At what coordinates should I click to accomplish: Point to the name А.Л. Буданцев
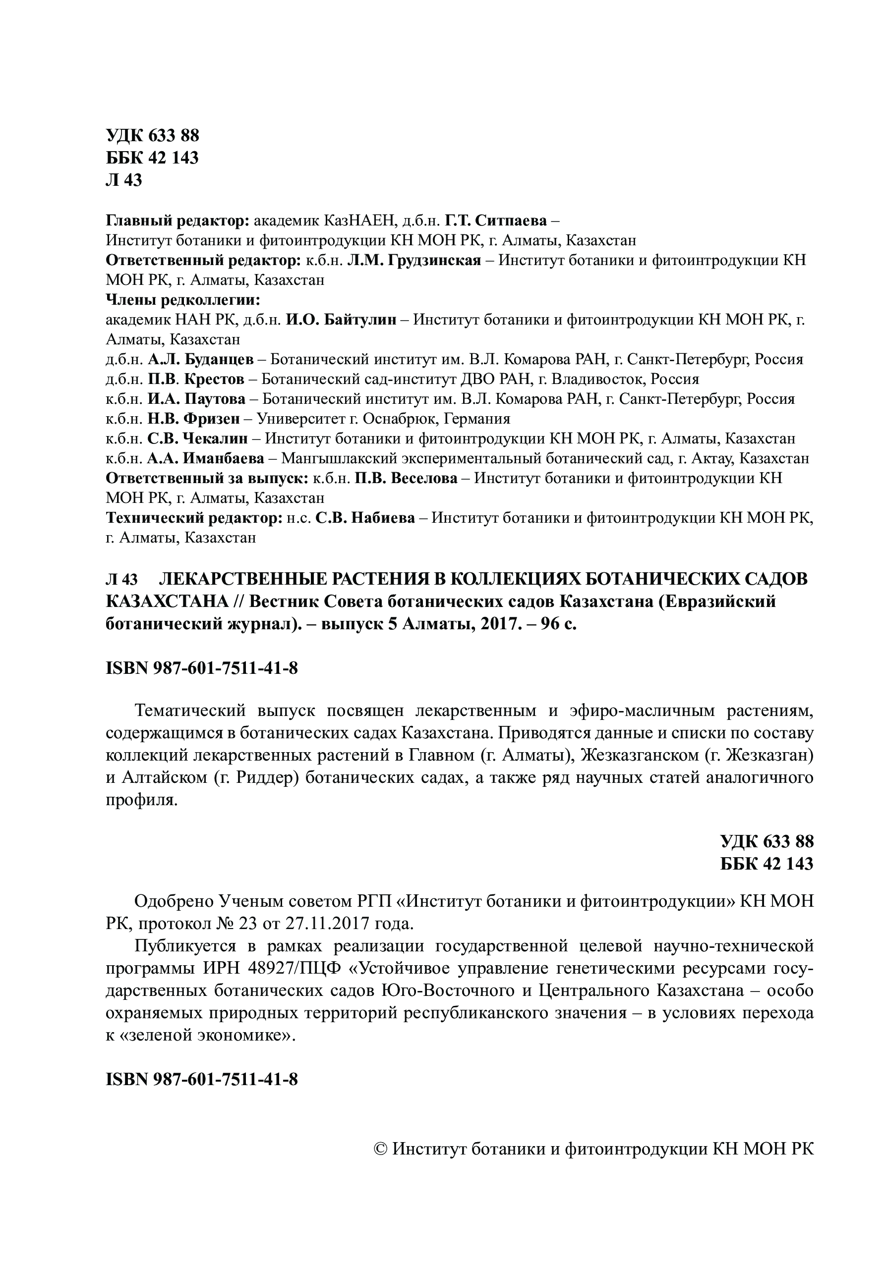coord(200,360)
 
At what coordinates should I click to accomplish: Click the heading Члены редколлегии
coord(182,300)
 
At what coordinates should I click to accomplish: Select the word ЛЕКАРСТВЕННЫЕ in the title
coord(231,580)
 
